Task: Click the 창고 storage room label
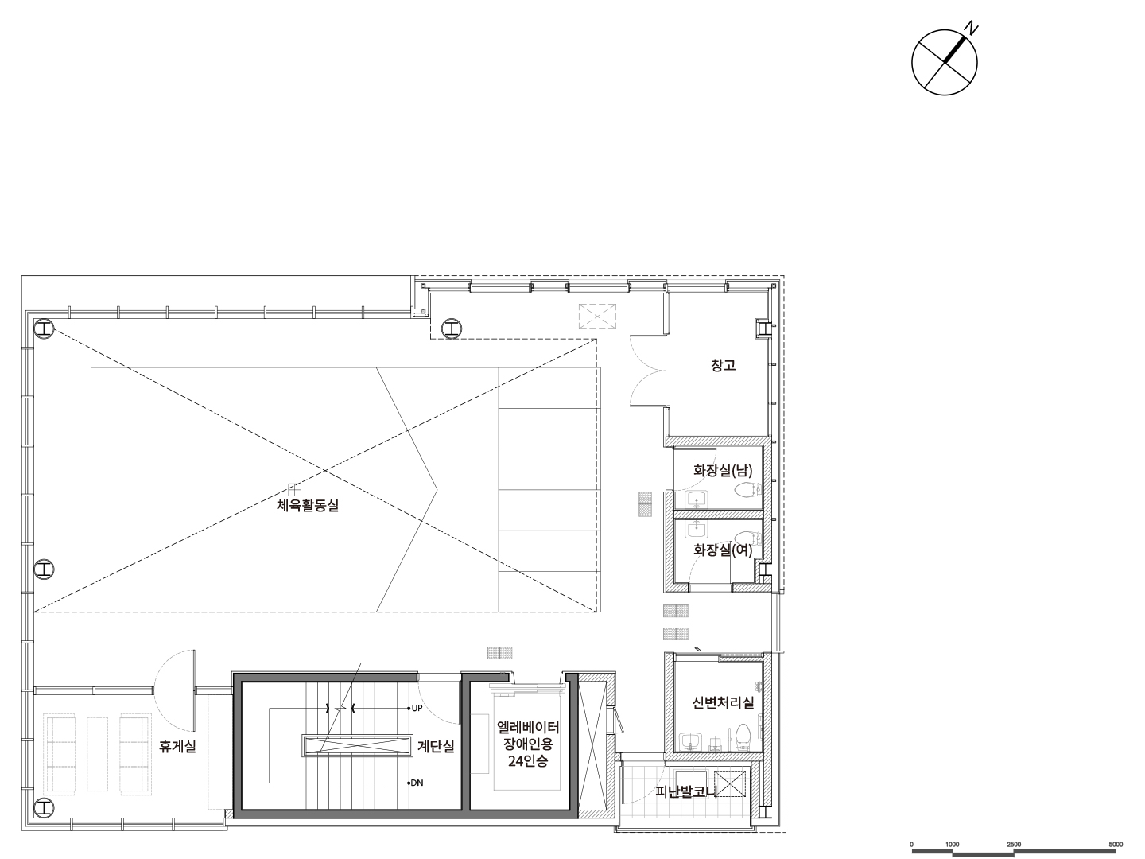coord(723,365)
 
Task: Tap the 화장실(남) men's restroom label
coord(723,470)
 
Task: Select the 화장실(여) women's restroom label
coord(723,550)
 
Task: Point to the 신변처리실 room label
coord(723,702)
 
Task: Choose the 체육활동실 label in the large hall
coord(308,505)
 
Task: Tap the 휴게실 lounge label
coord(177,746)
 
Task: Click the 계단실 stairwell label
coord(436,746)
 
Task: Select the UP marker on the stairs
coord(417,708)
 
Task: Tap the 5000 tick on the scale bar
coord(1116,845)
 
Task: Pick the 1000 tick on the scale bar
coord(953,845)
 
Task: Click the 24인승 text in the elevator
coord(528,761)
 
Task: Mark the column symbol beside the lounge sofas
coord(45,807)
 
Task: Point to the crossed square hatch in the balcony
coord(730,784)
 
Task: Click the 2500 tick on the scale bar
coord(1014,845)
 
